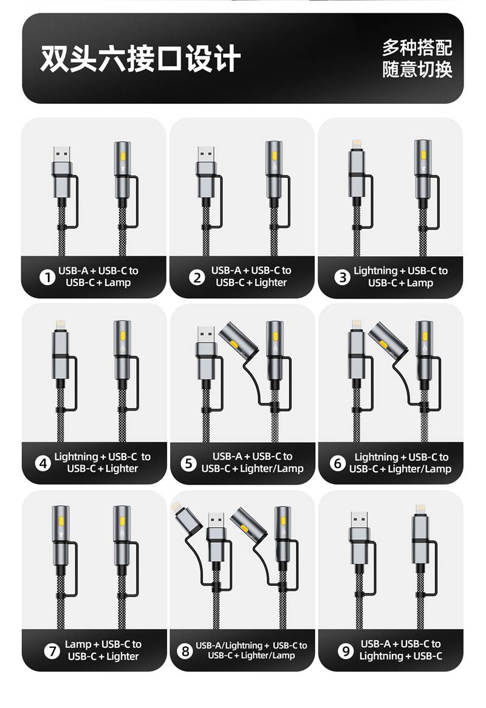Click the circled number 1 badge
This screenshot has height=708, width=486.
pos(47,277)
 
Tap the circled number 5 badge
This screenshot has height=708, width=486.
pos(188,463)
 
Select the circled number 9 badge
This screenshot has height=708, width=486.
pos(346,651)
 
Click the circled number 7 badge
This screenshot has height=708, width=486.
pos(52,651)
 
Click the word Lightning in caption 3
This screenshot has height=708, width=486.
pos(375,271)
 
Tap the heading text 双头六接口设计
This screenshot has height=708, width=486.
pos(140,58)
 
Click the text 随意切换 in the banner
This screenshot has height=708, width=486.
pos(417,69)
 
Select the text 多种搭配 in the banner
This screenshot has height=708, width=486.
pos(417,47)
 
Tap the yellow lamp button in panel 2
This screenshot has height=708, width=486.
pos(274,156)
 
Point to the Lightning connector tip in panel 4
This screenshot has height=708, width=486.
pos(60,325)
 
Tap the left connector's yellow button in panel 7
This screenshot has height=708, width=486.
pos(61,522)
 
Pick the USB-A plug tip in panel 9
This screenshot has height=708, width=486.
pos(360,520)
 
